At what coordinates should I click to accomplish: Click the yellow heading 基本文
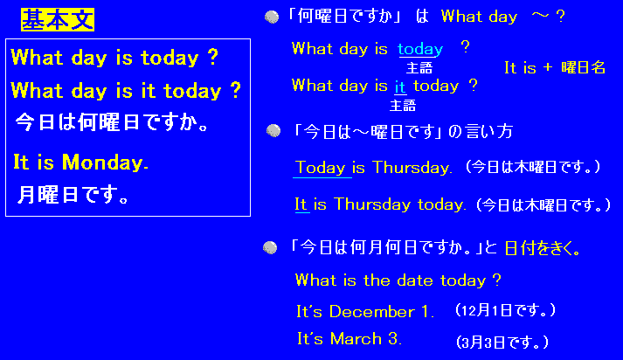click(58, 19)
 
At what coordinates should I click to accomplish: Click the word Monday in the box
click(106, 163)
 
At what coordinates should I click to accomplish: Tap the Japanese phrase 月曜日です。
click(73, 195)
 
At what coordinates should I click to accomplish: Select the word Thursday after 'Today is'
click(412, 168)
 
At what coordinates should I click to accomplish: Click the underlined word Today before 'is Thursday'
click(321, 168)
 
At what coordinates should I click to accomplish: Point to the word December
click(372, 312)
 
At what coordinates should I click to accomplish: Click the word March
click(356, 339)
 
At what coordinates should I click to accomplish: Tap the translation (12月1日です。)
click(505, 310)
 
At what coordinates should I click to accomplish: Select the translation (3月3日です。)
click(502, 342)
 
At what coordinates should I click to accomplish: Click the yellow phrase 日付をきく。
click(543, 249)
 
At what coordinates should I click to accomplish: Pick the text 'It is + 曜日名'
click(555, 67)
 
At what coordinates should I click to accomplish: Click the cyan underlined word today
click(420, 49)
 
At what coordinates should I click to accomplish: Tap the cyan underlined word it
click(399, 87)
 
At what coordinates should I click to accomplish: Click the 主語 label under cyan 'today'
click(419, 68)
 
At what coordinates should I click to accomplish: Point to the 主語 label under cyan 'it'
click(403, 106)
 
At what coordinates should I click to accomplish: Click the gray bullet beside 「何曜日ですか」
click(272, 17)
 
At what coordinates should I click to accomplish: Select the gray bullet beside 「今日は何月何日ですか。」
click(270, 247)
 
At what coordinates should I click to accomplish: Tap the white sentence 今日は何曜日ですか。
click(112, 122)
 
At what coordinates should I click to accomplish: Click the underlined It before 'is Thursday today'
click(301, 204)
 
